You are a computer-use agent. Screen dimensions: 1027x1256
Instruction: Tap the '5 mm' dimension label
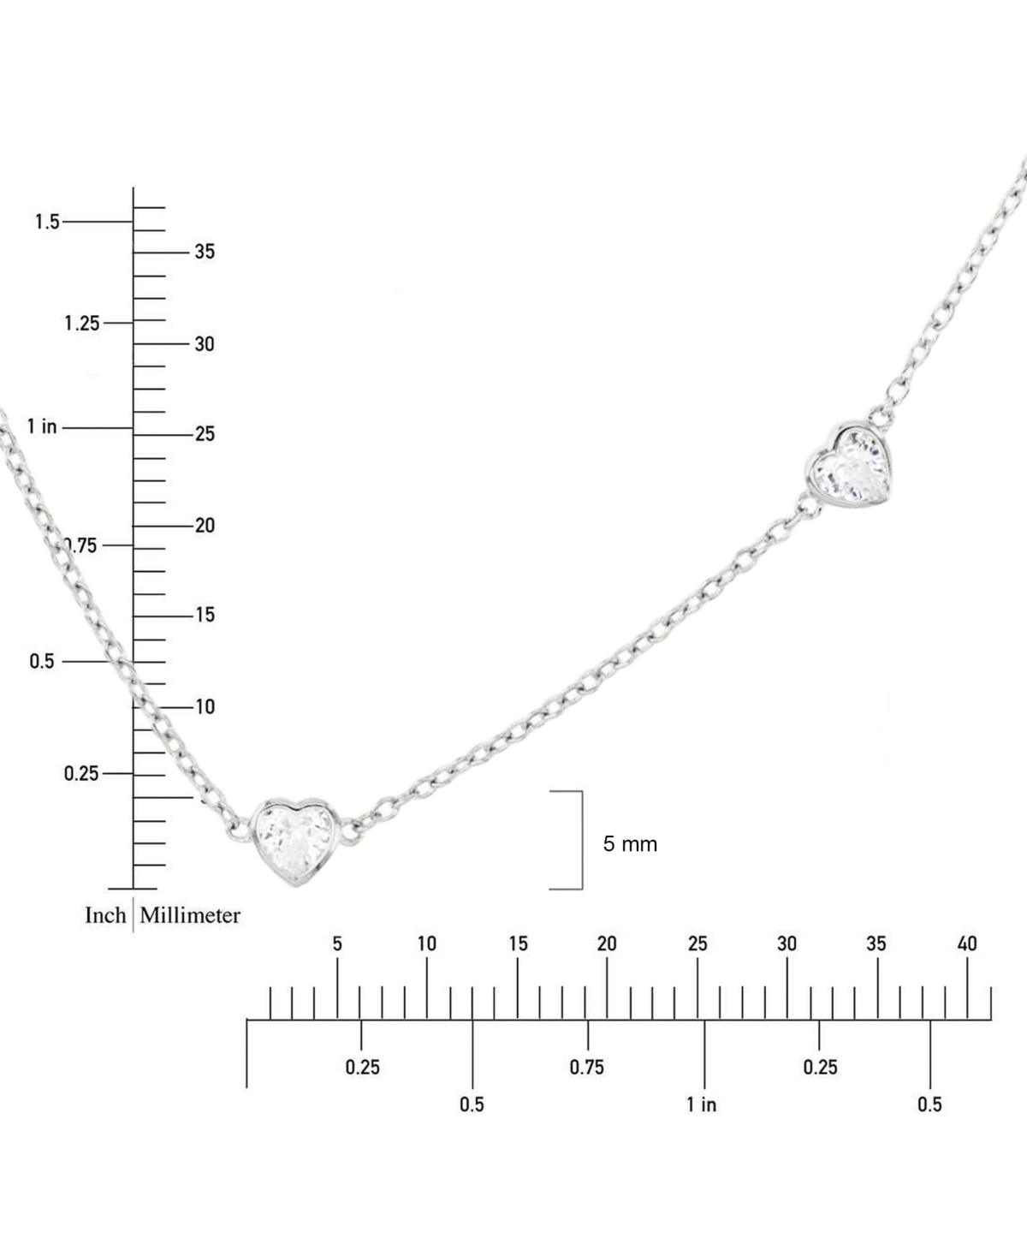pyautogui.click(x=630, y=844)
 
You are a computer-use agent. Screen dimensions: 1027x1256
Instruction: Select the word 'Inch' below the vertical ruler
pyautogui.click(x=105, y=915)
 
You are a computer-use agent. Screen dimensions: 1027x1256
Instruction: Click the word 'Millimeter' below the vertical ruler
pyautogui.click(x=190, y=915)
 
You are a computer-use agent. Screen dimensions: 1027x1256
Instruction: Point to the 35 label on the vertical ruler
pyautogui.click(x=205, y=252)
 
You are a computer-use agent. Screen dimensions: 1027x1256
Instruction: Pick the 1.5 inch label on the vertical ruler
pyautogui.click(x=47, y=222)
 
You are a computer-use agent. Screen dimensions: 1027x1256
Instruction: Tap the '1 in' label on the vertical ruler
pyautogui.click(x=42, y=426)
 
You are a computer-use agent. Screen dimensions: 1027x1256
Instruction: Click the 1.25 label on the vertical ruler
pyautogui.click(x=82, y=324)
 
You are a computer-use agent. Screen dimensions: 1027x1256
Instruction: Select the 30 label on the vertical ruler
pyautogui.click(x=205, y=344)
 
